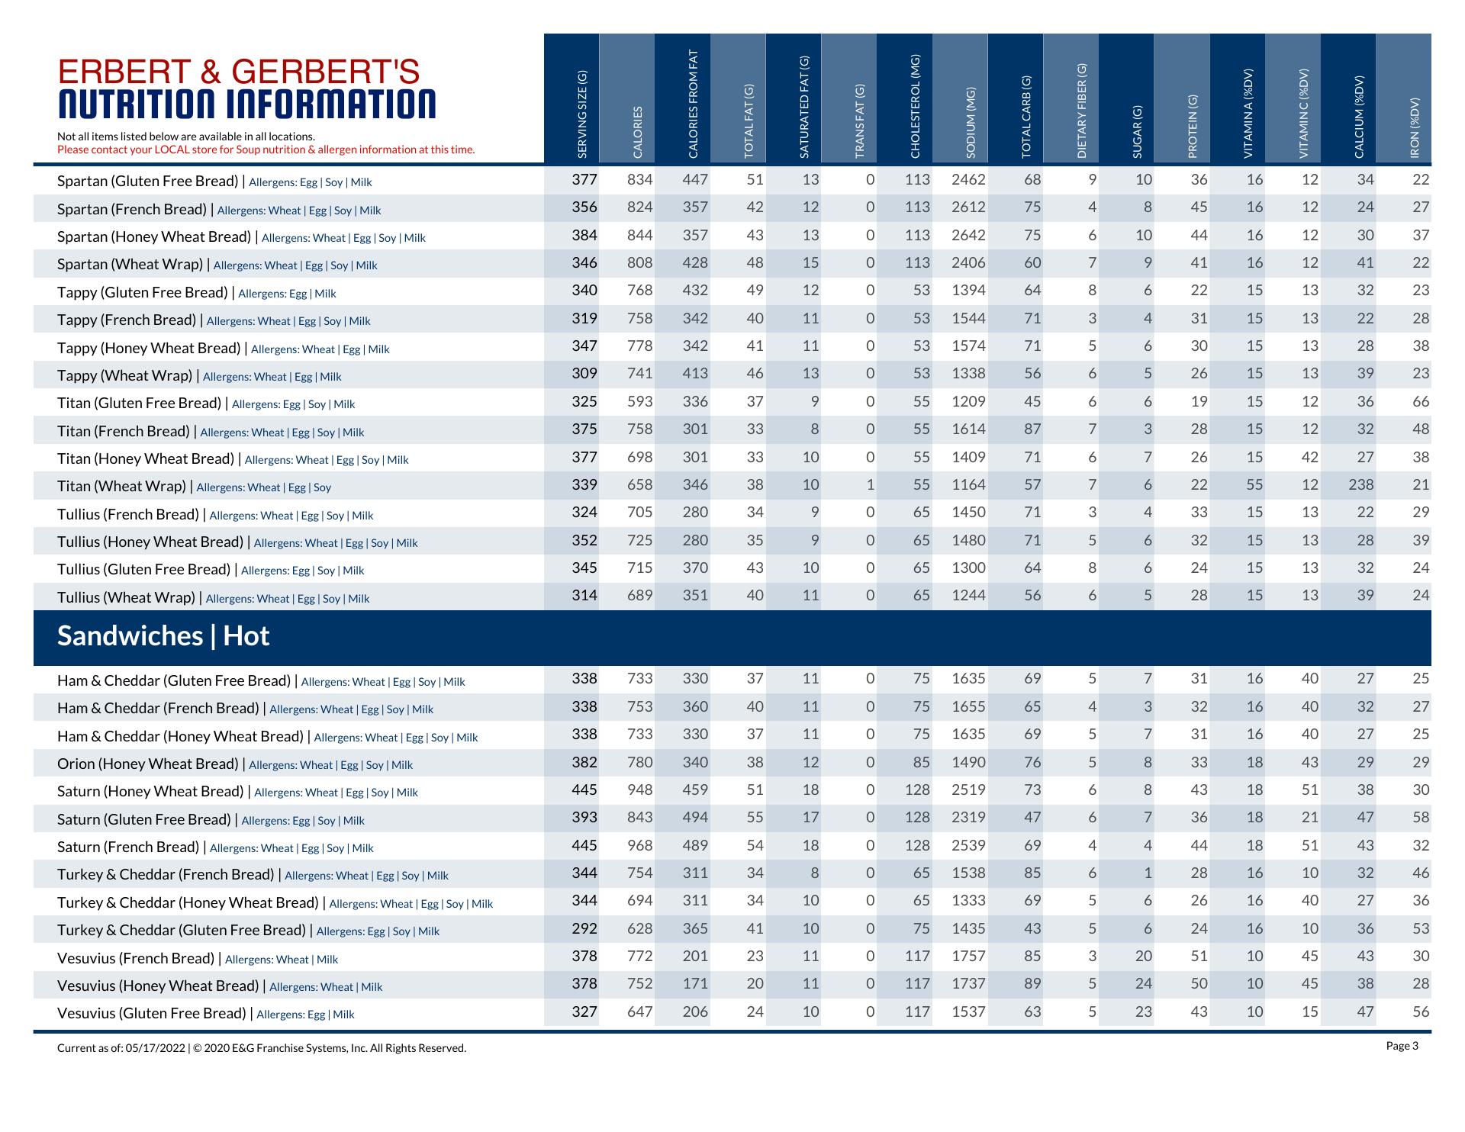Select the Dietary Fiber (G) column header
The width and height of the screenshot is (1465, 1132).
[x=1081, y=111]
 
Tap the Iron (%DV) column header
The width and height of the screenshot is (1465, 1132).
[x=1415, y=127]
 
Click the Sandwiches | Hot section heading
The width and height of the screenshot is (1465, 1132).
[x=163, y=636]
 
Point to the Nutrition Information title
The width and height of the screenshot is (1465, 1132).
[x=246, y=105]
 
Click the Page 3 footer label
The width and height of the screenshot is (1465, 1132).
[x=1402, y=1046]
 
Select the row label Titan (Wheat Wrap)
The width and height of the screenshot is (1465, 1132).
[x=122, y=486]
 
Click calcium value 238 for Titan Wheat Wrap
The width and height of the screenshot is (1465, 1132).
[x=1360, y=485]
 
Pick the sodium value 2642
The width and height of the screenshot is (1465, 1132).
[x=968, y=235]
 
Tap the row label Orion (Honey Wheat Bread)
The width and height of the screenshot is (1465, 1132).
[x=148, y=764]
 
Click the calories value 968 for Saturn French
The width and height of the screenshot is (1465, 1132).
[x=639, y=845]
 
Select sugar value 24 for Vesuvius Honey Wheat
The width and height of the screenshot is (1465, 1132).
[x=1143, y=984]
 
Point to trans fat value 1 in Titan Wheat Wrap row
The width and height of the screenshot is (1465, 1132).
[x=870, y=485]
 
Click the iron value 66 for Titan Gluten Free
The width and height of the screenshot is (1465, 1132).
[x=1420, y=402]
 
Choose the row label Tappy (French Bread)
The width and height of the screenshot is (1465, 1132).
[x=127, y=320]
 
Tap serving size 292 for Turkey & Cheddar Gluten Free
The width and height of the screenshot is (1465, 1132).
[x=584, y=928]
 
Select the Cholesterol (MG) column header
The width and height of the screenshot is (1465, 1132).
[x=915, y=107]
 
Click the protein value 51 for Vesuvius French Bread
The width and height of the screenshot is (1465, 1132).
[x=1199, y=957]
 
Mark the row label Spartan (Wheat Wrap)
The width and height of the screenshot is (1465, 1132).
[x=130, y=264]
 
